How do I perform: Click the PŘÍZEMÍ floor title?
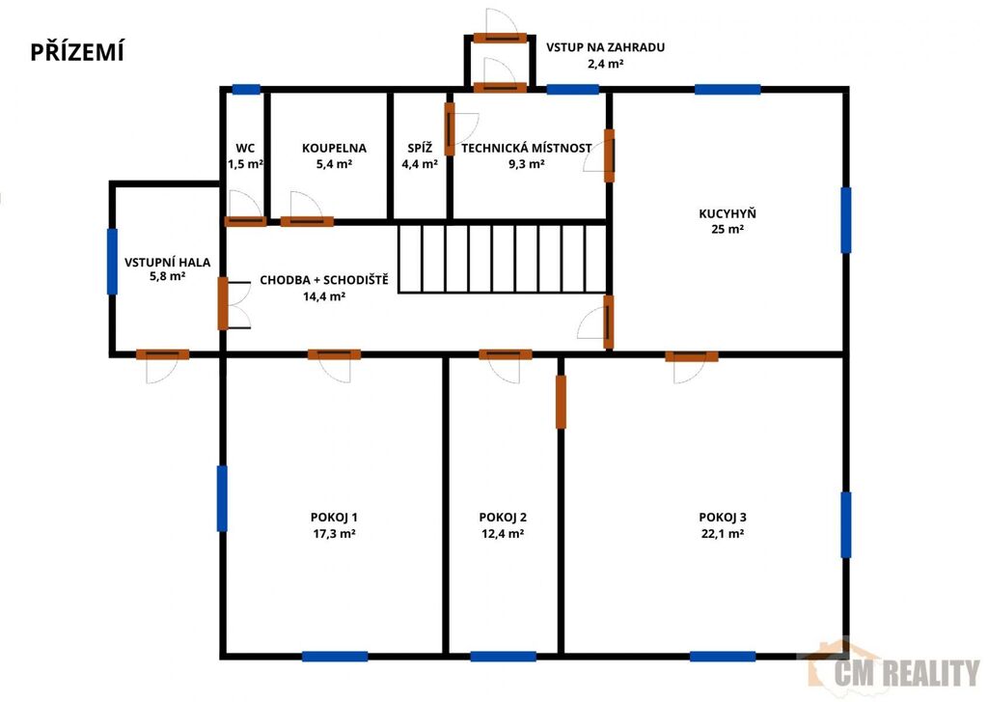tap(77, 52)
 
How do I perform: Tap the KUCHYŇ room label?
tap(727, 213)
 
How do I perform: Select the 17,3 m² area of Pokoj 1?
tap(334, 534)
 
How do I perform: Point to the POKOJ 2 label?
tap(503, 518)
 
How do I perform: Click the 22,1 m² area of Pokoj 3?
tap(723, 534)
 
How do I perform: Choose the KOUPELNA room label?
tap(334, 148)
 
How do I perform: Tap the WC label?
tap(245, 148)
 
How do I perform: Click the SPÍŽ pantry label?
tap(420, 148)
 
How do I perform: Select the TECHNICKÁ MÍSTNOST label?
tap(526, 148)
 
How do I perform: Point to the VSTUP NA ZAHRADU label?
tap(605, 47)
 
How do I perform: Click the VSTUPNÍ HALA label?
tap(167, 263)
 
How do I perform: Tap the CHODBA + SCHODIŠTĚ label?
tap(324, 280)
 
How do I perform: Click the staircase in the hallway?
tap(502, 259)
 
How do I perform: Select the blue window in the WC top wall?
tap(246, 90)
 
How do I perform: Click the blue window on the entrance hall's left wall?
tap(112, 262)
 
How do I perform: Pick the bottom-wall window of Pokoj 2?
tap(503, 657)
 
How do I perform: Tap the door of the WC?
tap(245, 221)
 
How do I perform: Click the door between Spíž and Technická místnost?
tap(450, 129)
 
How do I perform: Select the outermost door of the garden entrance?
tap(501, 38)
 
